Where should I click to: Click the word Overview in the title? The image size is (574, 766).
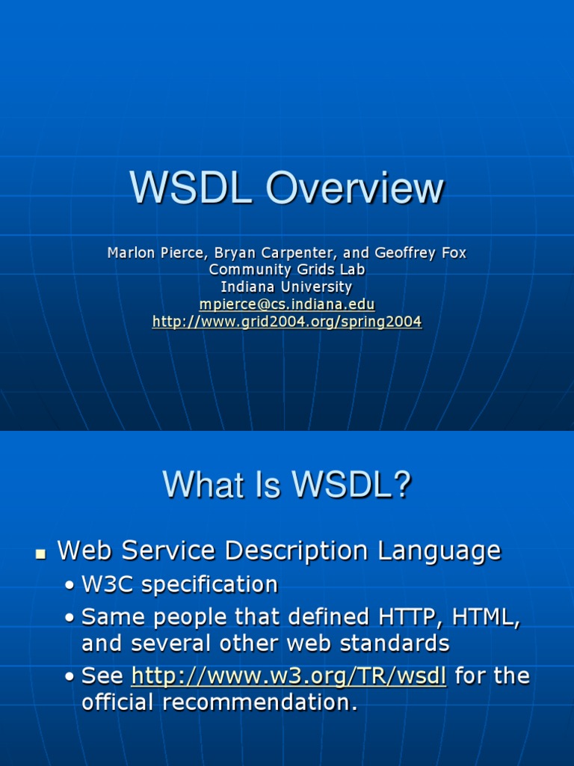(x=355, y=189)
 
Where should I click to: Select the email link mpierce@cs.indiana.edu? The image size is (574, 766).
(x=286, y=304)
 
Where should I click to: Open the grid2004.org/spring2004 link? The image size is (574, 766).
(x=286, y=322)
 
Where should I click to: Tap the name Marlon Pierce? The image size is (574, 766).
(x=153, y=253)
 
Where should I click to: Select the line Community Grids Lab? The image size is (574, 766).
(x=286, y=269)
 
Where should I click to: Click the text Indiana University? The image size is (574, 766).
(x=286, y=287)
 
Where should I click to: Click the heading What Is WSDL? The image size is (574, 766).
(x=287, y=485)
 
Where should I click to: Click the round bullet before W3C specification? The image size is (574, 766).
(x=70, y=586)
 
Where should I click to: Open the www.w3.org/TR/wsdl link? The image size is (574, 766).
(x=288, y=676)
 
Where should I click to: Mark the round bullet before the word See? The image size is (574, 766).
(x=70, y=678)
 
